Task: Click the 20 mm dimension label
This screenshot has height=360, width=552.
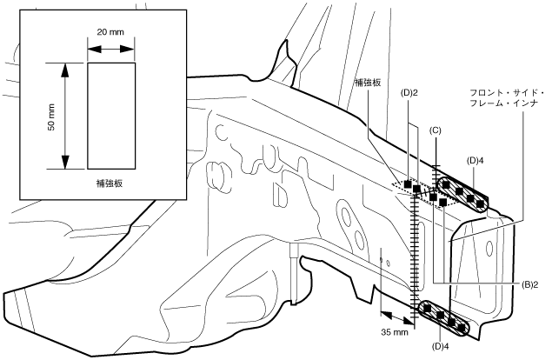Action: [110, 32]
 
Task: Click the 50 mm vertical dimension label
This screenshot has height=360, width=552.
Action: [50, 115]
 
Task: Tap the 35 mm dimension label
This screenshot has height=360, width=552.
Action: [395, 332]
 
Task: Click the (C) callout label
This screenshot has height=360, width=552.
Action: [438, 130]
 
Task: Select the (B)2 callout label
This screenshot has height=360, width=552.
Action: [532, 284]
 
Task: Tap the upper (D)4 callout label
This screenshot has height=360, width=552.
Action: [475, 160]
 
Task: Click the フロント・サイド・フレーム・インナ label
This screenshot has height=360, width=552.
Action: [506, 98]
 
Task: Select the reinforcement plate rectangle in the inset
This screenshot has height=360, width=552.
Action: [110, 115]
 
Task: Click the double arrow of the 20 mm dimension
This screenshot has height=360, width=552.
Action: [110, 50]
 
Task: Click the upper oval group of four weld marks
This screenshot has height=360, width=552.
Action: [463, 194]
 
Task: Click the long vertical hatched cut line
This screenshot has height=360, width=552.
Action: [410, 252]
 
